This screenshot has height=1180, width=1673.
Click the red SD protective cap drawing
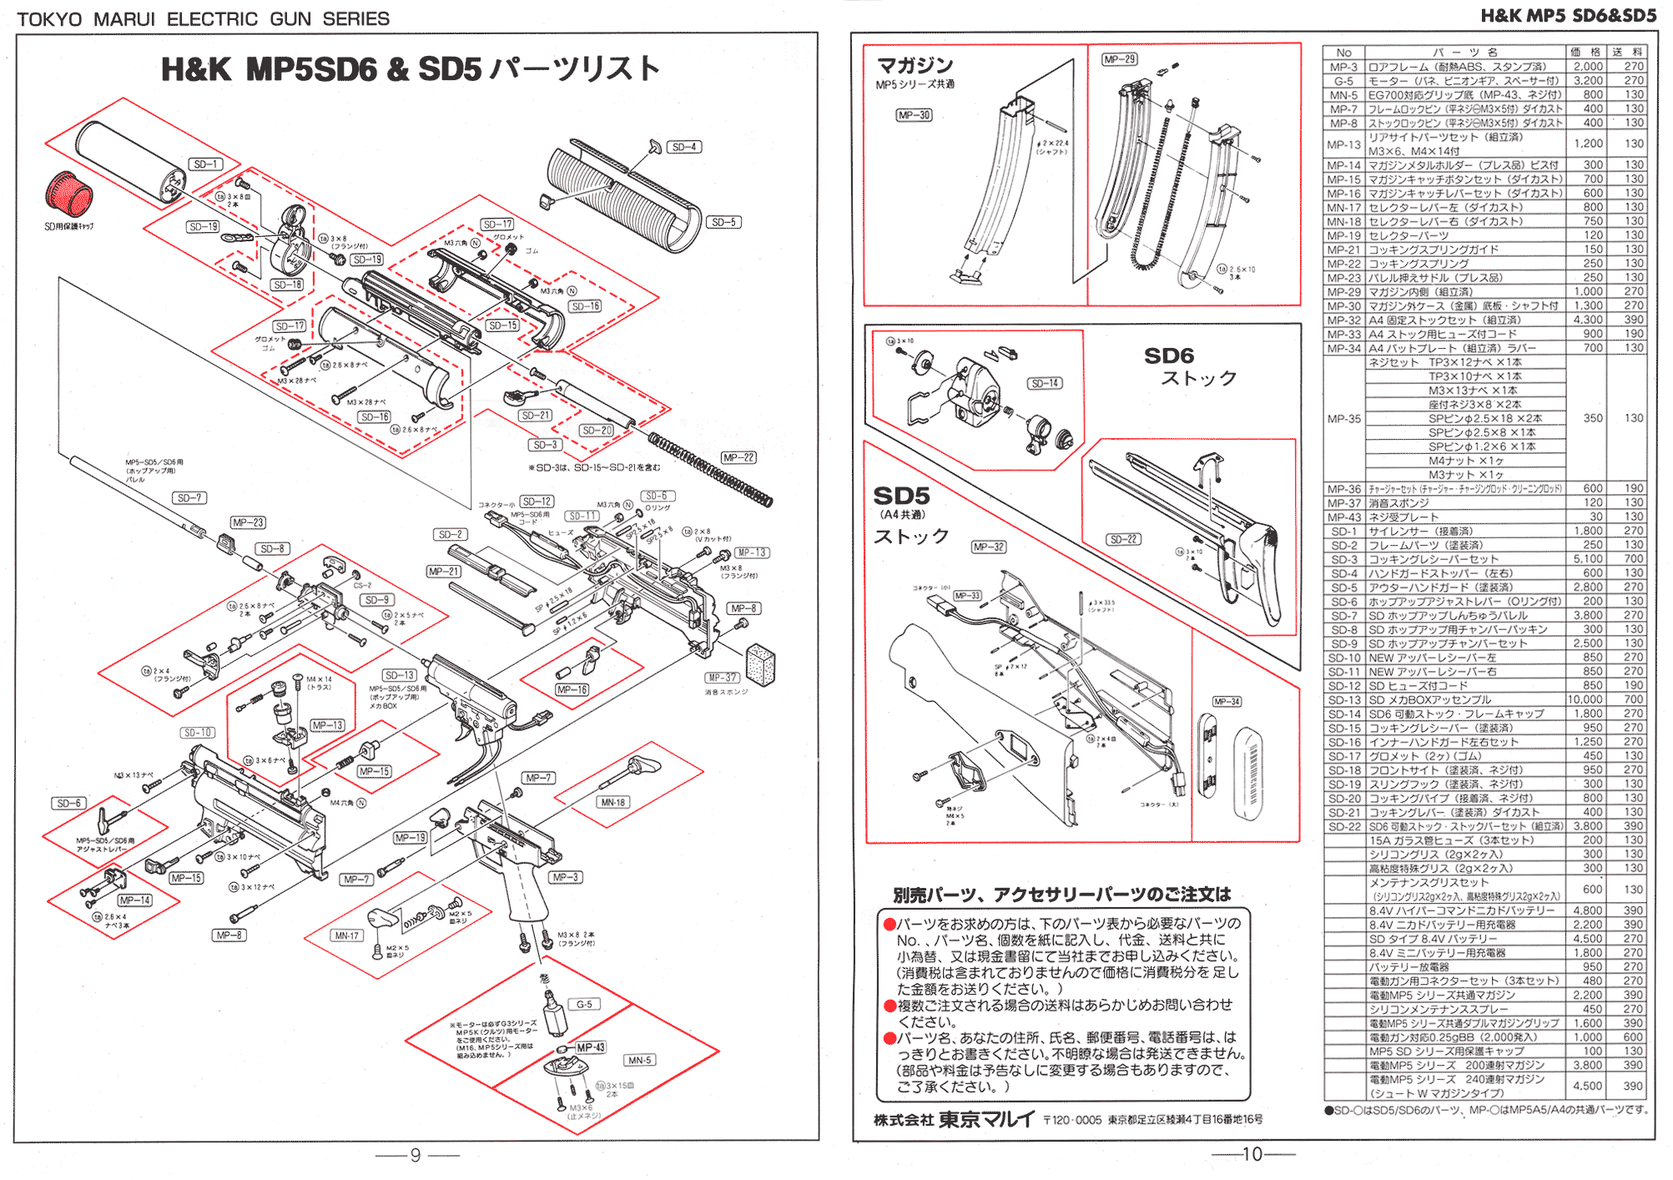pyautogui.click(x=68, y=194)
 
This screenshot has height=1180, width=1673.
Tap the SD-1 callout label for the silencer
pyautogui.click(x=204, y=164)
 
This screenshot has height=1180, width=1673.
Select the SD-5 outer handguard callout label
pyautogui.click(x=723, y=222)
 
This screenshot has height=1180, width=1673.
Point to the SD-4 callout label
pyautogui.click(x=684, y=147)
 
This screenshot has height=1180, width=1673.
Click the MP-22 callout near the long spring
pyautogui.click(x=738, y=457)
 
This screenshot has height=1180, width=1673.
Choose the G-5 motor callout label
pyautogui.click(x=584, y=1004)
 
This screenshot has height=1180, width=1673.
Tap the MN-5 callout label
pyautogui.click(x=640, y=1060)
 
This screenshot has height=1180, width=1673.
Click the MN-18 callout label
pyautogui.click(x=612, y=802)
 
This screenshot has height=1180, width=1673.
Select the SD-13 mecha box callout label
pyautogui.click(x=400, y=674)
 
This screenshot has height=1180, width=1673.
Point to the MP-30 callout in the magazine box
pyautogui.click(x=914, y=115)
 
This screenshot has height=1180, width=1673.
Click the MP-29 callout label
pyautogui.click(x=1119, y=59)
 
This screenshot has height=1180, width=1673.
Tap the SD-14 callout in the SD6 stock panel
pyautogui.click(x=1045, y=383)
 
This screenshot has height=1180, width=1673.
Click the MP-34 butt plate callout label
pyautogui.click(x=1227, y=701)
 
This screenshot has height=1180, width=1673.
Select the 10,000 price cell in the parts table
pyautogui.click(x=1585, y=699)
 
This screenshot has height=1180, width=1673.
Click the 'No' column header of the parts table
pyautogui.click(x=1343, y=53)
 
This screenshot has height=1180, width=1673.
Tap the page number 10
pyautogui.click(x=1252, y=1154)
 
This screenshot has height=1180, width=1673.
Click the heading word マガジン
pyautogui.click(x=915, y=65)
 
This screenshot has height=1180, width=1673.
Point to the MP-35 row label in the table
pyautogui.click(x=1343, y=419)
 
